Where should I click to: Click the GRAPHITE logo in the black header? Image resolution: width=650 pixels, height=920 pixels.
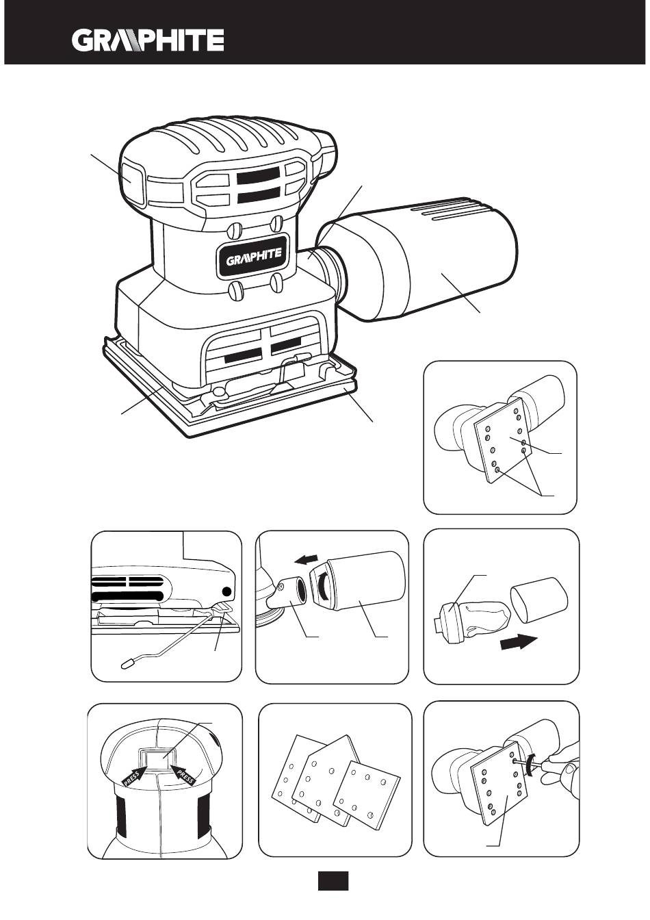[148, 40]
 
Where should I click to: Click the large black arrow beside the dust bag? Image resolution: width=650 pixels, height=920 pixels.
[518, 643]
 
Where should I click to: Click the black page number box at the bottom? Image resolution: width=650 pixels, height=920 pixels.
[333, 881]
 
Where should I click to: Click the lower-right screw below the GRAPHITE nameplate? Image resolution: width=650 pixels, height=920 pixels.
[276, 282]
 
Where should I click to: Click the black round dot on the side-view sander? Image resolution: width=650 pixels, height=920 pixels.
[226, 591]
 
